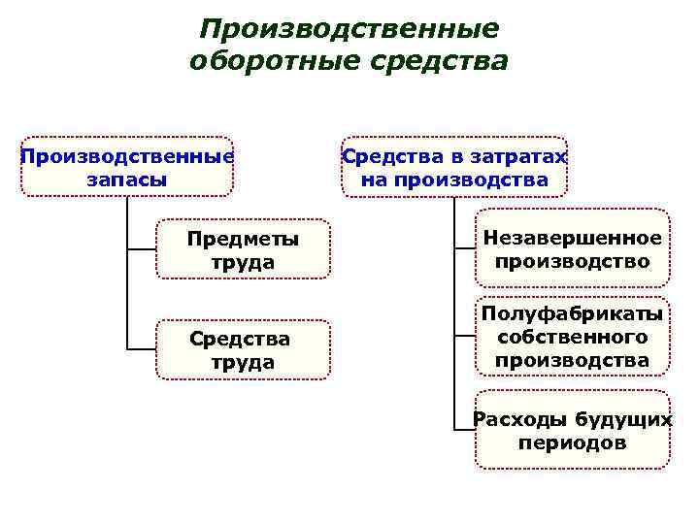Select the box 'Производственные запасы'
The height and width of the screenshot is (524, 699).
127,167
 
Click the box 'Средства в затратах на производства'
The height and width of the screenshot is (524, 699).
454,167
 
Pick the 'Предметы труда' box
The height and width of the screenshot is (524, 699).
243,250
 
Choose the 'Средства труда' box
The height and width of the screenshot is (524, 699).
243,350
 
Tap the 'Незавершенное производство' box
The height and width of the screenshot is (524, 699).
573,249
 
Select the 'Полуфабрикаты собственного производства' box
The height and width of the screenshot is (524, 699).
573,338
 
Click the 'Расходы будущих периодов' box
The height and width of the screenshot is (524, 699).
573,430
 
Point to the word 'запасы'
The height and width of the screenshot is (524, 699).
126,180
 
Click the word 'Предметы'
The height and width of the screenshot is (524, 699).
243,239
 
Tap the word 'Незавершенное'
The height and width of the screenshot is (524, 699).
573,238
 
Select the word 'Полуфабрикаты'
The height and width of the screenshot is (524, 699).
573,314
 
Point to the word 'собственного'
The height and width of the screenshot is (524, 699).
573,338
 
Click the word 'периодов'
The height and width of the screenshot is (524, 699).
573,443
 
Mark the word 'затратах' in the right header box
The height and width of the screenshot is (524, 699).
520,156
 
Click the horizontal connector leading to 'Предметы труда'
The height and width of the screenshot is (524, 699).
142,250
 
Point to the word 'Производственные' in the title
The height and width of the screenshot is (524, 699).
349,29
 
